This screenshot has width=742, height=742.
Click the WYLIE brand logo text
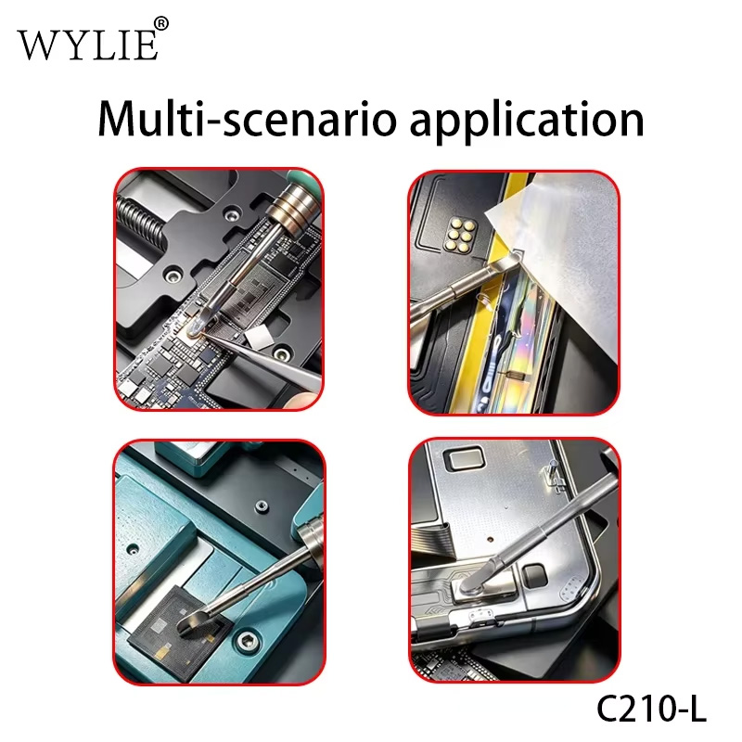pyautogui.click(x=87, y=45)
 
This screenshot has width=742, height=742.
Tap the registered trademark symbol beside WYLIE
pyautogui.click(x=160, y=24)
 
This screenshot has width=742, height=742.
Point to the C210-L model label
pyautogui.click(x=651, y=709)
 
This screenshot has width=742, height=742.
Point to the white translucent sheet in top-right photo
pyautogui.click(x=558, y=256)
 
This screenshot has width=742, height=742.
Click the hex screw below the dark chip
pyautogui.click(x=246, y=642)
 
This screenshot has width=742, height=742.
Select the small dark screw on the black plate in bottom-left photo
pyautogui.click(x=262, y=506)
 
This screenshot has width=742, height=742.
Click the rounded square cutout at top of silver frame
pyautogui.click(x=463, y=459)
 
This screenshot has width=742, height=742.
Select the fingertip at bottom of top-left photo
pyautogui.click(x=303, y=400)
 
